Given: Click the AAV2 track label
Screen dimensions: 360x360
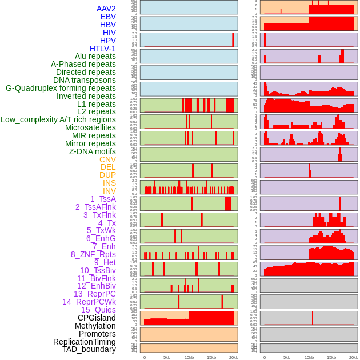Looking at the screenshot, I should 106,9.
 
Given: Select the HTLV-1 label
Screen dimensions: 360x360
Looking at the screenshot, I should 103,49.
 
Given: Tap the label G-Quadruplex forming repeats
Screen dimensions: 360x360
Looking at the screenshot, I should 61,88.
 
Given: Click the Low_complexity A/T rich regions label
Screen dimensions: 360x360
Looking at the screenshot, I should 58,119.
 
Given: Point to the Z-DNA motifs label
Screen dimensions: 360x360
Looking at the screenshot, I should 93,151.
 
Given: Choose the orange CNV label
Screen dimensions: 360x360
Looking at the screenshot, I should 107,159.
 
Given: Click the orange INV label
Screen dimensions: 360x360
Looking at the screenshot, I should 109,191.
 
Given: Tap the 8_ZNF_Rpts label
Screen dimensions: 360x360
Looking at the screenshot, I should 93,254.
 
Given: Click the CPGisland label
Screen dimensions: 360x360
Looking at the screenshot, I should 97,318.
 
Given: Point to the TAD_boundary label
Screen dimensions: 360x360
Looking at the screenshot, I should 89,349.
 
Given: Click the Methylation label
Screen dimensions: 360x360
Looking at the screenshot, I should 95,326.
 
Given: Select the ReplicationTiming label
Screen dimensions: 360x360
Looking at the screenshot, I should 85,342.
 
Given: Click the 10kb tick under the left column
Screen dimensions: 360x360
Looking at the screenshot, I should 189,357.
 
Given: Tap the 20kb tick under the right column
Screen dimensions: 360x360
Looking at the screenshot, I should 354,357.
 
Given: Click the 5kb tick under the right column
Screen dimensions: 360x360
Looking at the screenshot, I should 287,357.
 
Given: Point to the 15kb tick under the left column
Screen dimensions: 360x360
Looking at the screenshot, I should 211,357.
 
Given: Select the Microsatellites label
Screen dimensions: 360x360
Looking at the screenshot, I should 90,127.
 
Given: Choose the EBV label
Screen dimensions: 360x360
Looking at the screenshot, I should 108,17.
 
